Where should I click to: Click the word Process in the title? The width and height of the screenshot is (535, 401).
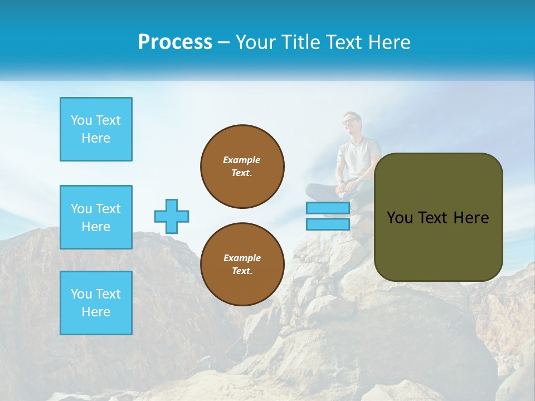tap(175, 42)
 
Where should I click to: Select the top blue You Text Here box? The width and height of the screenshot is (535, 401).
tap(96, 129)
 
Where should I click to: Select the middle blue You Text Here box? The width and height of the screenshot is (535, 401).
tap(96, 217)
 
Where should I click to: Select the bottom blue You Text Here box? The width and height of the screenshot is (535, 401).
tap(96, 303)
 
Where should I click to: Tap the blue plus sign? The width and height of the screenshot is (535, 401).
tap(172, 216)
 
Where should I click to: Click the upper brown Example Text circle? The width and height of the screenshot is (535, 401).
tap(242, 167)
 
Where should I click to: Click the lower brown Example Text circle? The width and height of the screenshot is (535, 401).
tap(242, 265)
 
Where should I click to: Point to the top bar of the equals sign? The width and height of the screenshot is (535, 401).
tap(328, 208)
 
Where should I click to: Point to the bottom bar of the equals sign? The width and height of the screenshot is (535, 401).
tap(328, 224)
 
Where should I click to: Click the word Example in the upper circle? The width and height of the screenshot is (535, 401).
tap(242, 160)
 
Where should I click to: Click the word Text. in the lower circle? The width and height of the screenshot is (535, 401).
tap(242, 271)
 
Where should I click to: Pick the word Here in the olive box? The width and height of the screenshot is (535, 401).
tap(471, 218)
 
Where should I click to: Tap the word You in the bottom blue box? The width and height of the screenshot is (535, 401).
tap(81, 294)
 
